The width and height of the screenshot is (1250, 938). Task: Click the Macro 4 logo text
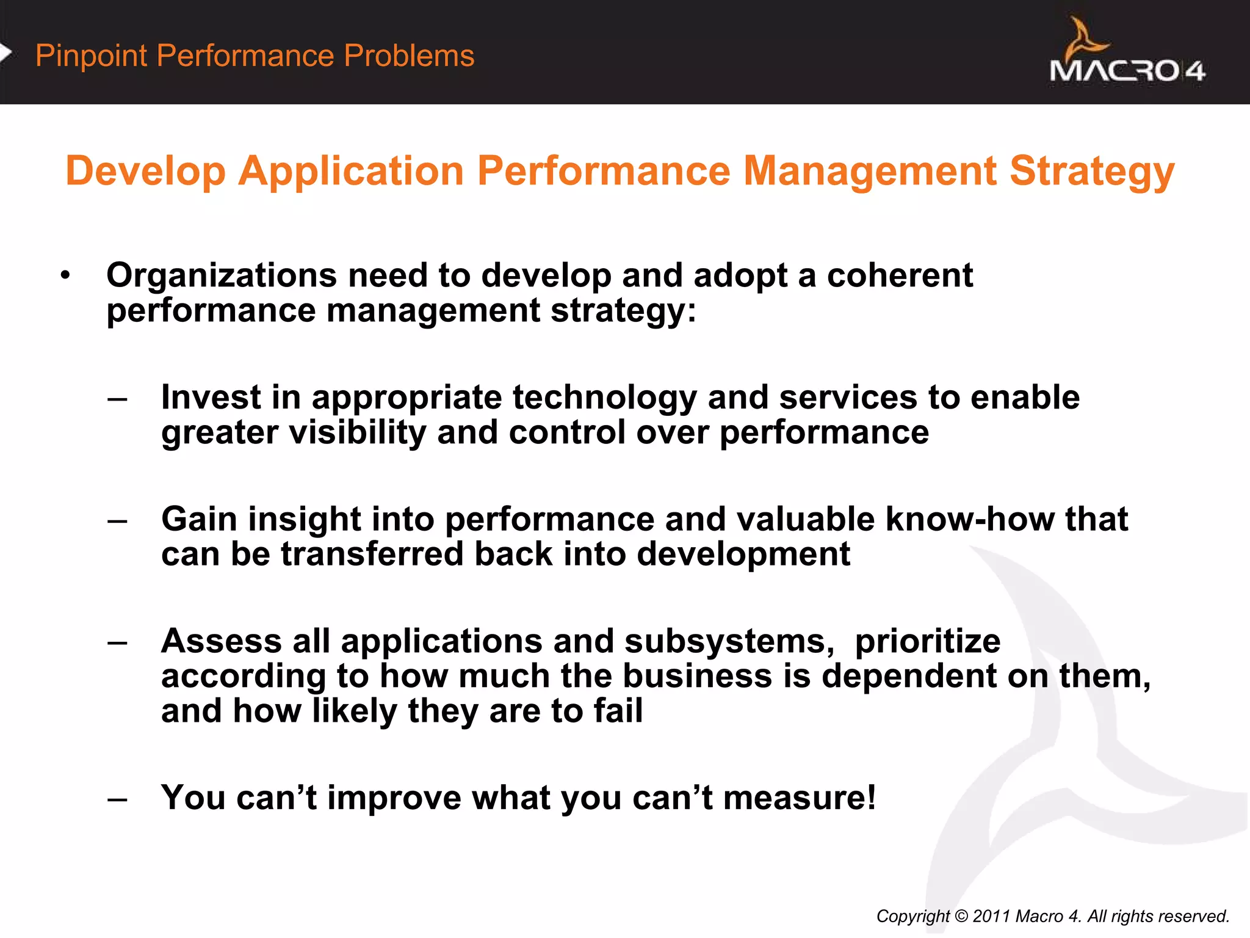1127,71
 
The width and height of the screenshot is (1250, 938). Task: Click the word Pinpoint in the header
91,56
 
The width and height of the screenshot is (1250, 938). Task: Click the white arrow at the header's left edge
5,53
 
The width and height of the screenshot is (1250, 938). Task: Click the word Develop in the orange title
145,172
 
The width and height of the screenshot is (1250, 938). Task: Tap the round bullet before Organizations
65,275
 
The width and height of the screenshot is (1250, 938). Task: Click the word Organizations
221,276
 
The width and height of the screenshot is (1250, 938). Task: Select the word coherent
899,276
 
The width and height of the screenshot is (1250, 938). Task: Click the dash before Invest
117,400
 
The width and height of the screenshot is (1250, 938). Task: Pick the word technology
604,398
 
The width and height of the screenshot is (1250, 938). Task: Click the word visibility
357,433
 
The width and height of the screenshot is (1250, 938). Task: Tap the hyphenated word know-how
969,520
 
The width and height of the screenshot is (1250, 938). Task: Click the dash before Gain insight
117,522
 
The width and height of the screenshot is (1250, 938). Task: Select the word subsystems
729,642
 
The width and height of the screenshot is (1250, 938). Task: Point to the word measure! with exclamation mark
800,798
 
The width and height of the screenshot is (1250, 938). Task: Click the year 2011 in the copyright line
992,917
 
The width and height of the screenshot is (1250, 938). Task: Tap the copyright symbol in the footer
961,917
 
